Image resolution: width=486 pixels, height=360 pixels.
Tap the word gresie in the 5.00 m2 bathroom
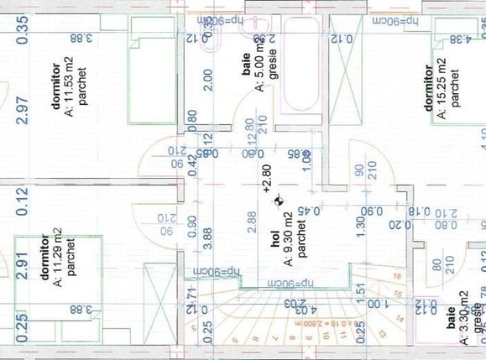(274, 64)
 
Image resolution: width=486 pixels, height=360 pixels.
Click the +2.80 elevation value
(267, 180)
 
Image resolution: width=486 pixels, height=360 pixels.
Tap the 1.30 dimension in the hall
(360, 226)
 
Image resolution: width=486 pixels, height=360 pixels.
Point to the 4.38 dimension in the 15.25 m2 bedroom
(462, 39)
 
